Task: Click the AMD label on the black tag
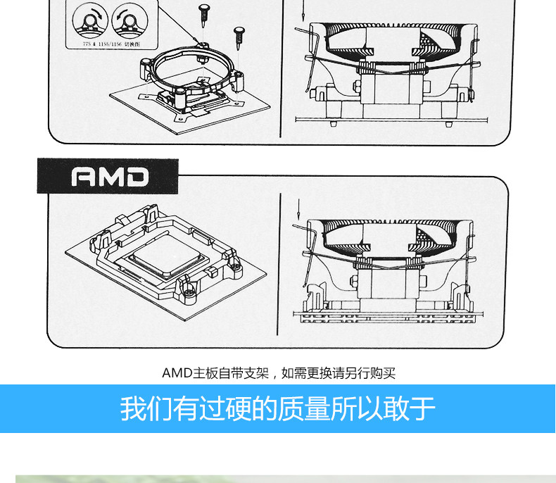[110, 176]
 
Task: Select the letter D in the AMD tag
[137, 177]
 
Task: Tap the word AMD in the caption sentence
[172, 372]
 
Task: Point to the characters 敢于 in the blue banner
[410, 408]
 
